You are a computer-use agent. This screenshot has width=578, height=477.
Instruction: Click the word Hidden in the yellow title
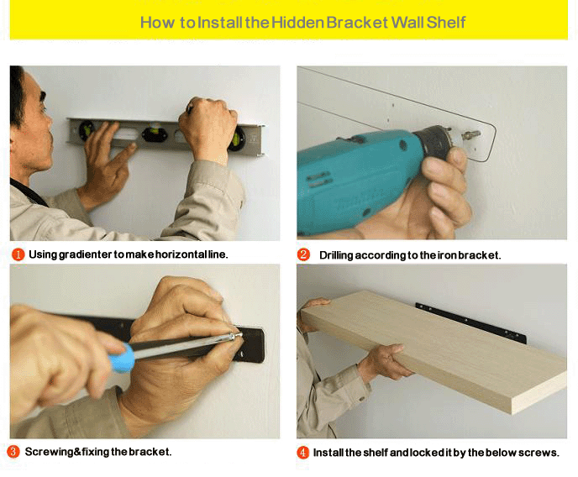pos(298,23)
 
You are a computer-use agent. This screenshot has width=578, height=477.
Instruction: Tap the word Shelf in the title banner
pos(446,23)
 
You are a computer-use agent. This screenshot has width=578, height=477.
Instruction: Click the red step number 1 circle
pos(18,254)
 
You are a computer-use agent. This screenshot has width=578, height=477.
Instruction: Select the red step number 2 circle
pos(303,254)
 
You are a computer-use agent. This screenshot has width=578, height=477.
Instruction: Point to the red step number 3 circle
pos(13,452)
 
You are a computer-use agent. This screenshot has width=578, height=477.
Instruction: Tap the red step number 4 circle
pos(303,453)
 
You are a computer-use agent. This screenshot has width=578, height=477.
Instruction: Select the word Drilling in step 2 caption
pos(336,255)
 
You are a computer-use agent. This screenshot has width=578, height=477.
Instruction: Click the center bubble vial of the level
pos(155,134)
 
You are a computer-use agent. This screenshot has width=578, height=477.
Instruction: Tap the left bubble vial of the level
pos(87,129)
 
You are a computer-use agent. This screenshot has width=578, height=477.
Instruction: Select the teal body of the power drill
pos(354,177)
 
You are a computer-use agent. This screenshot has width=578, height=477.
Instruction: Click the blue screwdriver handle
pos(123,358)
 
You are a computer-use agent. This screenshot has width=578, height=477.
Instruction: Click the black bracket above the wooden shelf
pos(470,322)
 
